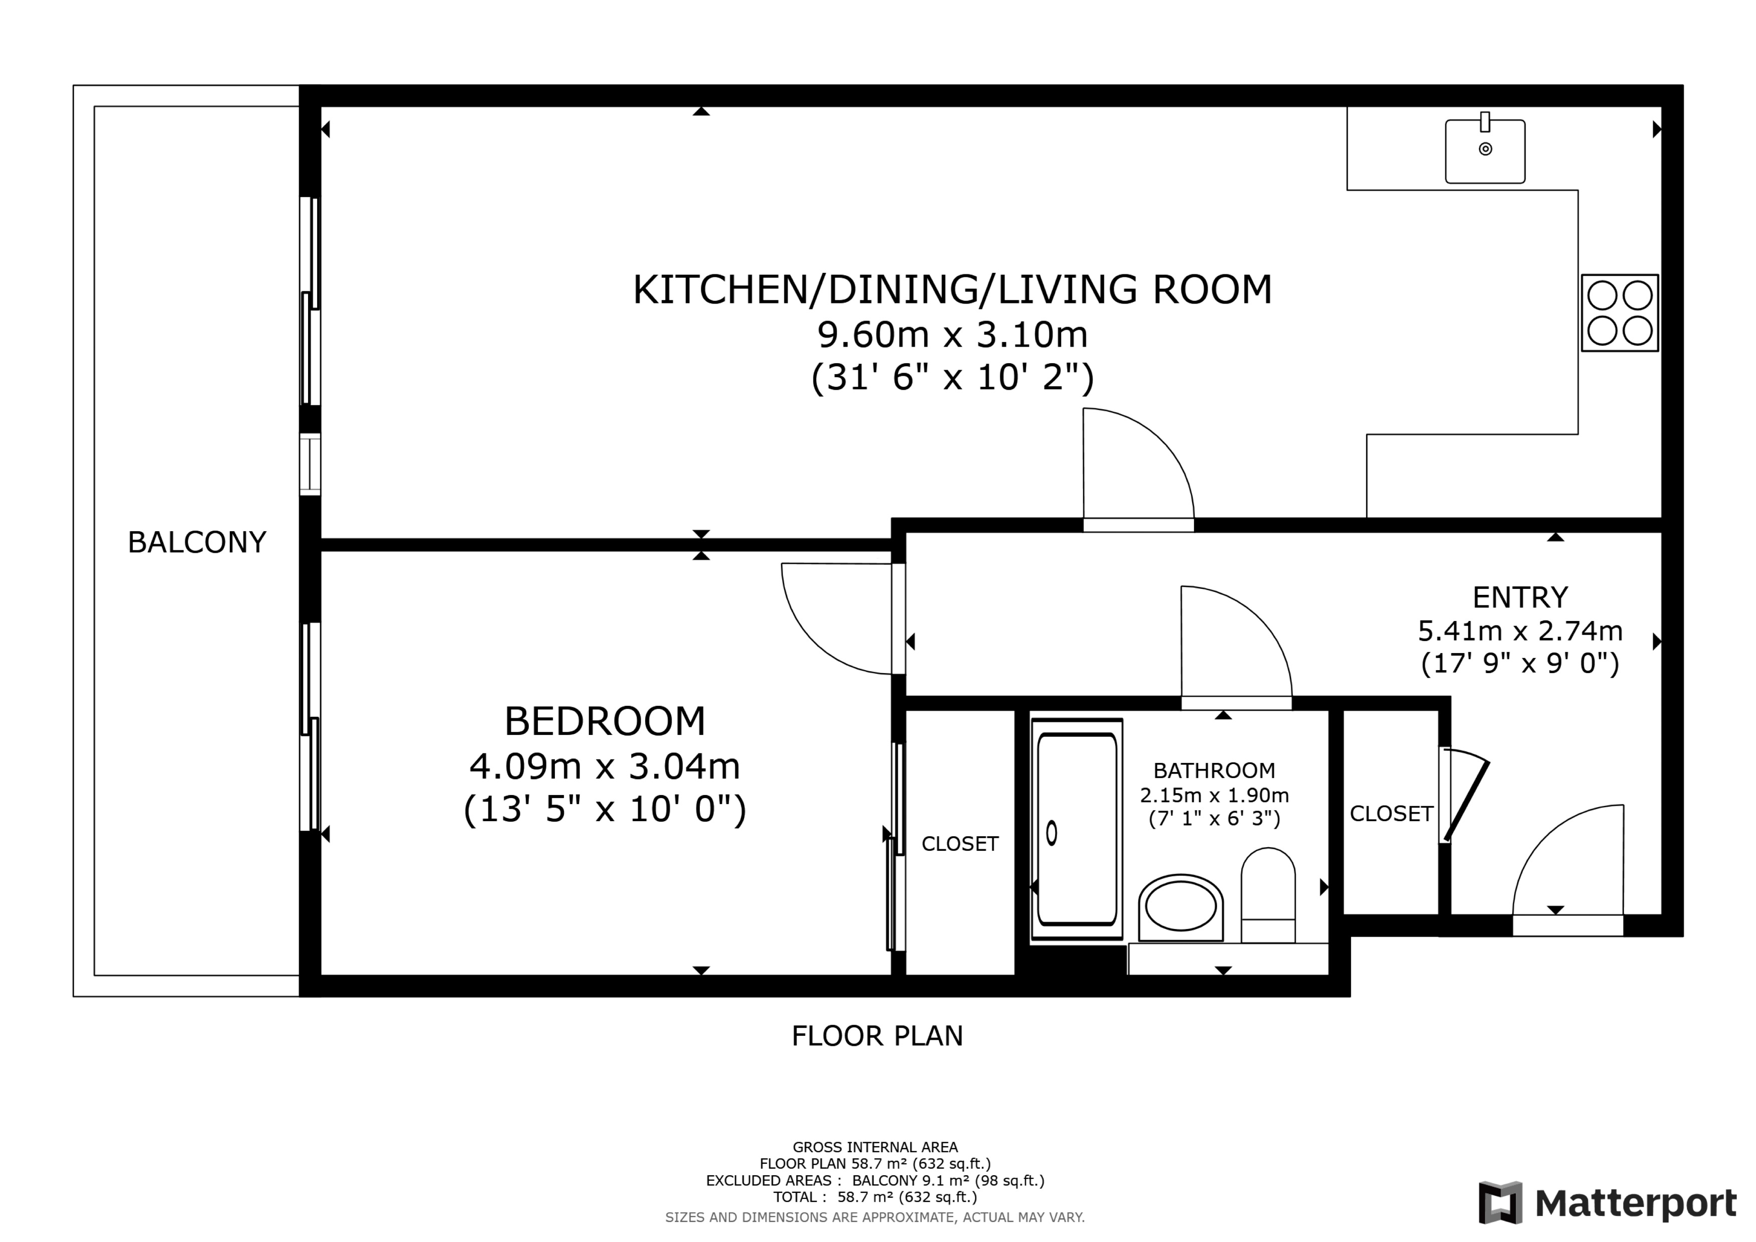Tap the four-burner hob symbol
1619,313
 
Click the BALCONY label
197,542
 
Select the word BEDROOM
604,720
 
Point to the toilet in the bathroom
1267,895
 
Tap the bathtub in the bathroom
1077,829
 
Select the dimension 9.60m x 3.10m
952,334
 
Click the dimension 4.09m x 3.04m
604,765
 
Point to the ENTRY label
1520,596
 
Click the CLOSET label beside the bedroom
959,844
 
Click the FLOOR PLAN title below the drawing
876,1035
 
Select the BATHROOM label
1214,770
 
